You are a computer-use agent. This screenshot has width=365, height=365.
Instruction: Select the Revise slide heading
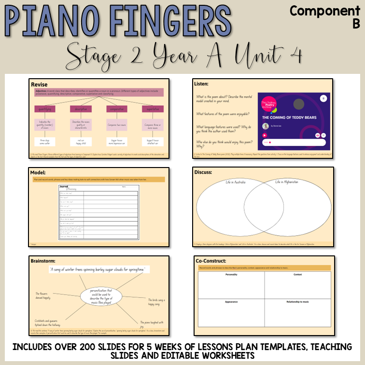39,84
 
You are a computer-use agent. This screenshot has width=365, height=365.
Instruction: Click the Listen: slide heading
201,84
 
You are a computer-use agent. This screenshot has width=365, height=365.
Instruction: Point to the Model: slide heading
38,172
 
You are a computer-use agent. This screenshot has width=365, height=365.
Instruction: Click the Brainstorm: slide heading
45,261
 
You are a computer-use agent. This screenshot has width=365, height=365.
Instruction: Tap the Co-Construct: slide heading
211,261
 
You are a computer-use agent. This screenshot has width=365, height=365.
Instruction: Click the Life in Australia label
236,182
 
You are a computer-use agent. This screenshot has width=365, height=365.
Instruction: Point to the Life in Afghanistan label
287,182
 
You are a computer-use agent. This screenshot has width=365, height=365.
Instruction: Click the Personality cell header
231,274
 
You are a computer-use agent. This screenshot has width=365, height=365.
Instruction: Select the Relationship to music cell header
297,302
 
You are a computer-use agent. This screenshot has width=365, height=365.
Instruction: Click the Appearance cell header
231,302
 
